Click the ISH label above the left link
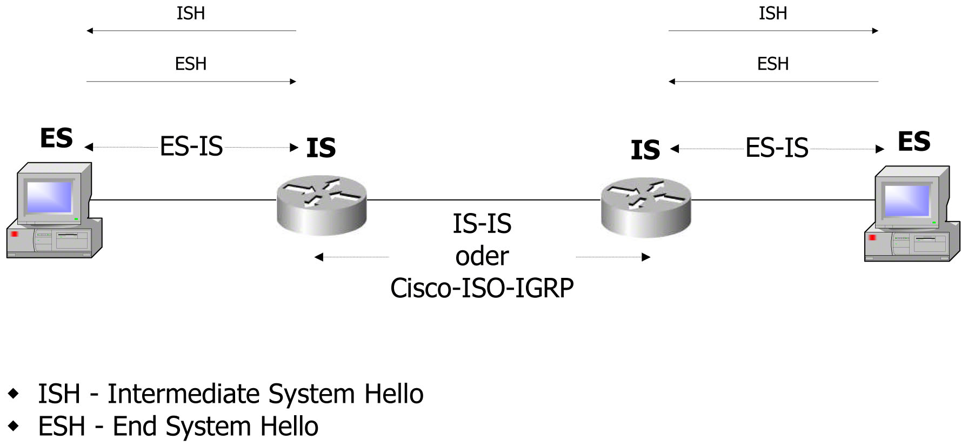[x=191, y=14]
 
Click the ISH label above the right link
[x=773, y=14]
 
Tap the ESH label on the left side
[x=191, y=64]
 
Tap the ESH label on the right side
[x=773, y=64]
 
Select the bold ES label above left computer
[x=56, y=138]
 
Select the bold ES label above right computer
[x=914, y=142]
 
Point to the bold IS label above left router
[x=321, y=148]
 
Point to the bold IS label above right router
[x=645, y=150]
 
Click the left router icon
[x=322, y=205]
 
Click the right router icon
[x=646, y=208]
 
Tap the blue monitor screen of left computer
[x=49, y=197]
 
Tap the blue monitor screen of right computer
[x=906, y=200]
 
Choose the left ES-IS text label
[x=191, y=147]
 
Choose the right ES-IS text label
[x=777, y=148]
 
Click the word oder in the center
[x=482, y=256]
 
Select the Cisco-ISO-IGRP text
[x=482, y=288]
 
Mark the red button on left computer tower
[x=15, y=234]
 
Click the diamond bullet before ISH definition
[x=14, y=393]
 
